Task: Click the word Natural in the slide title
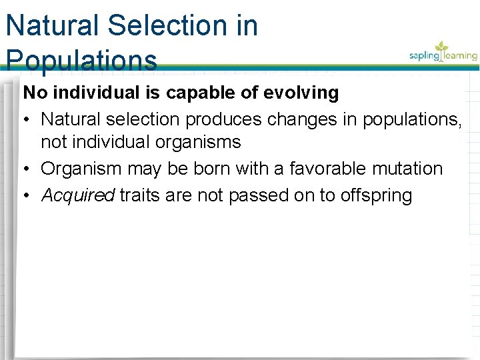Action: point(51,26)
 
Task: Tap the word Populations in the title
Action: point(82,60)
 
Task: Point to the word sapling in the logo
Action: point(425,56)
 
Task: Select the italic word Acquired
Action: point(77,195)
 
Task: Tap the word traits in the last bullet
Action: point(139,195)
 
